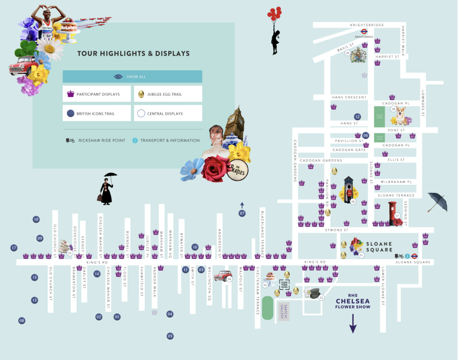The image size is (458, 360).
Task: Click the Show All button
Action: [132, 77]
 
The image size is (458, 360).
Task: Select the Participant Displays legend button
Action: [97, 94]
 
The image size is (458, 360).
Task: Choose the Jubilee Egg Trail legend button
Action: [168, 94]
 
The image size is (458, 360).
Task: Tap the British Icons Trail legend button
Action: [97, 113]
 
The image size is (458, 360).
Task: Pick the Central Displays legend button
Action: [168, 113]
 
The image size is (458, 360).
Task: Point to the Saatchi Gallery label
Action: [283, 312]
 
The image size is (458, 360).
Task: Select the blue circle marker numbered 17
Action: [14, 247]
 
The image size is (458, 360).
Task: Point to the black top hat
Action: [315, 293]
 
